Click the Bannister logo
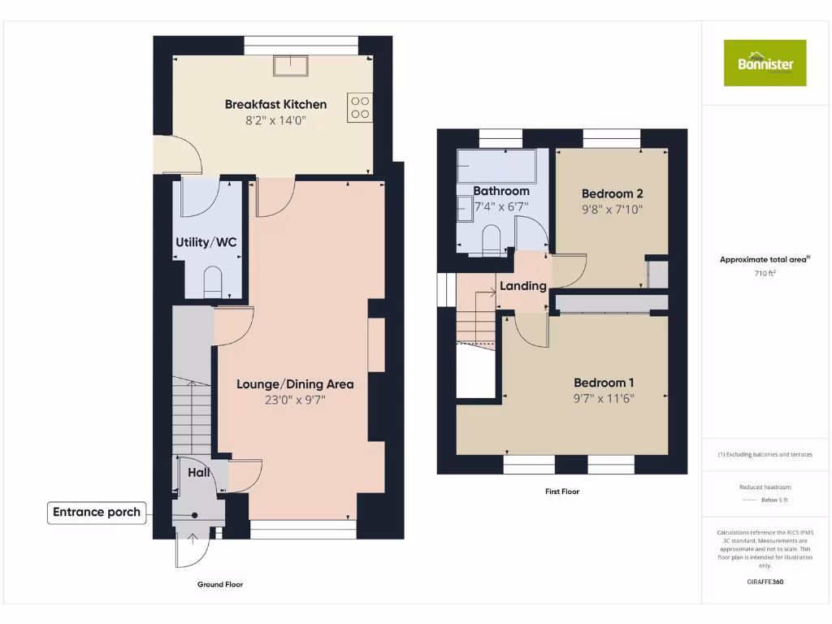(765, 63)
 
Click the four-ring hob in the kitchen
(359, 107)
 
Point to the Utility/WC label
(207, 242)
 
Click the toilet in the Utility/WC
(212, 281)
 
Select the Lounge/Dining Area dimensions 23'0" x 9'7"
(294, 400)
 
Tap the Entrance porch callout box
(97, 512)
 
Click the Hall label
(199, 472)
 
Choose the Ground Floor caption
(219, 584)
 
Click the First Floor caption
(561, 492)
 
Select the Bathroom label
(501, 191)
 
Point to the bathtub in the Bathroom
(495, 166)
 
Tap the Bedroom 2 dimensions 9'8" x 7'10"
(612, 209)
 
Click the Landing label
(522, 286)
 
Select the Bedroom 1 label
(604, 383)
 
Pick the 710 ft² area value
(765, 274)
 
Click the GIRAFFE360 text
(765, 582)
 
